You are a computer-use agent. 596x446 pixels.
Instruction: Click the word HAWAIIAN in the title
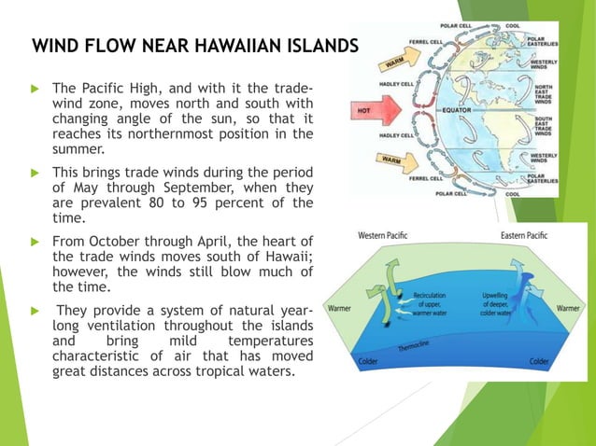[232, 47]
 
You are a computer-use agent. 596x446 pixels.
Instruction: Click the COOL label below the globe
[540, 193]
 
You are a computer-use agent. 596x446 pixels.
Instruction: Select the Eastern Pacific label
[525, 236]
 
